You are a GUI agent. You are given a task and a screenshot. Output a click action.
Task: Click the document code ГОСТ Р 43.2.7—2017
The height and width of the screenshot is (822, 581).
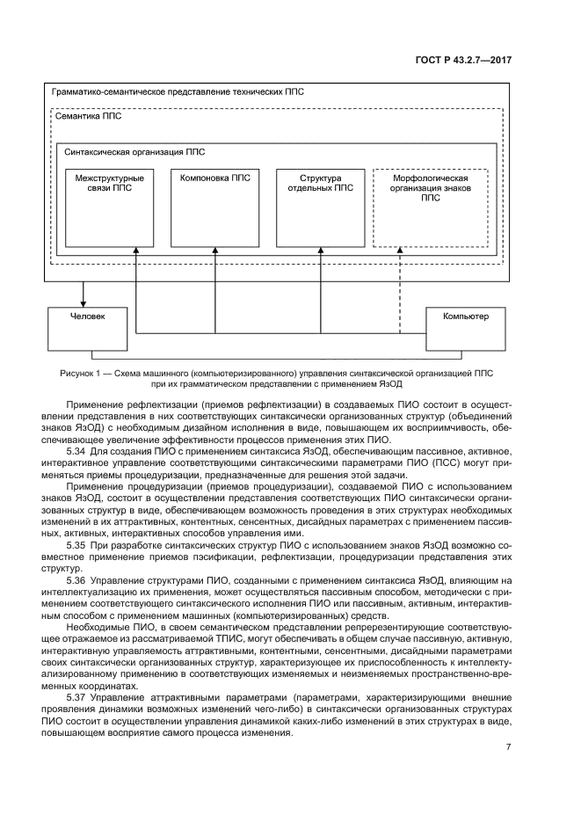(463, 60)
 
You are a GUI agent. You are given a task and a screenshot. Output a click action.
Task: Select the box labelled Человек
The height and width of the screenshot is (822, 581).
(84, 326)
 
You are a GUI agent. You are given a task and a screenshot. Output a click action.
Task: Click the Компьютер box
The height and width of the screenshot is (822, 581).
(465, 326)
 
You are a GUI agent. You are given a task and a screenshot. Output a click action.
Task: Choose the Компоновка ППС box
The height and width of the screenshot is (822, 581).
(214, 207)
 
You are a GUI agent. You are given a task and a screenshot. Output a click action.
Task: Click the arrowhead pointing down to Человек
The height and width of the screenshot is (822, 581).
(84, 302)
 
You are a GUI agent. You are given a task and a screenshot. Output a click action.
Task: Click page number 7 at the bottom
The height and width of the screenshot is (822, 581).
(508, 747)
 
